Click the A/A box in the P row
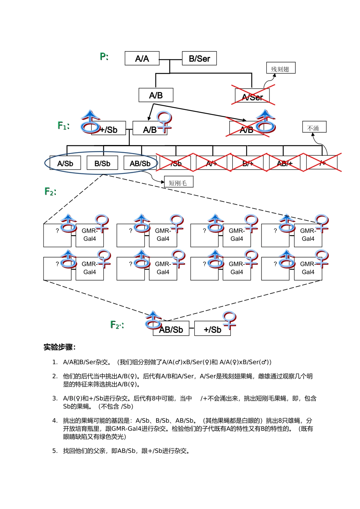pos(142,59)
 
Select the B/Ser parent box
pos(199,59)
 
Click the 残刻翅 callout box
pos(280,69)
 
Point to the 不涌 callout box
pos(314,128)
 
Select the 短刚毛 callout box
pos(178,183)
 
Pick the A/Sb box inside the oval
pos(65,164)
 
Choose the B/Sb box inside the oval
pos(102,164)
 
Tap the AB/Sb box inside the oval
pos(140,164)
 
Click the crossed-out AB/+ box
pos(285,163)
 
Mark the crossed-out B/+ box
pos(248,163)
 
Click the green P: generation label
pos(104,57)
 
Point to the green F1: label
pos(64,125)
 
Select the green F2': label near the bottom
pos(117,325)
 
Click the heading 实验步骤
pos(59,347)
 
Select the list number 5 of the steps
pos(55,451)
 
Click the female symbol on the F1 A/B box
pos(164,122)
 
